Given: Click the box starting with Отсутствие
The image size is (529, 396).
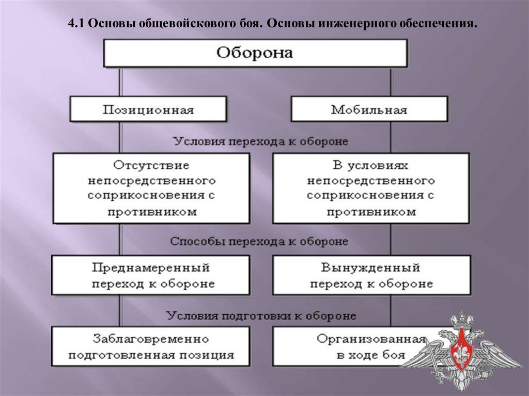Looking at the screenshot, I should tap(151, 188).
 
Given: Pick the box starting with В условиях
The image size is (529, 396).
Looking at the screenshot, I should tap(370, 188).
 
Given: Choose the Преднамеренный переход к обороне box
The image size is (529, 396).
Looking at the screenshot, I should tap(151, 276).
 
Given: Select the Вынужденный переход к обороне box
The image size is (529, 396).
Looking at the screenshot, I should tap(370, 276).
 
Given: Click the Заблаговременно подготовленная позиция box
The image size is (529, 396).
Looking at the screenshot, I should tap(151, 346).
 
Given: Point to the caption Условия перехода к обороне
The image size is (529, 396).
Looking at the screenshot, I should tap(260, 141).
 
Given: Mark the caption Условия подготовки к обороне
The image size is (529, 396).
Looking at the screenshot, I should tap(260, 315).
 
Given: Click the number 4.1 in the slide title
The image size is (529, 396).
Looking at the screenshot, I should tap(76, 24).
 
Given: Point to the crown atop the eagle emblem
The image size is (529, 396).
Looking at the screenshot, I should tap(459, 319).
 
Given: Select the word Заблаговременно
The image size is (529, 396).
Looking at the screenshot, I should tap(151, 339).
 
